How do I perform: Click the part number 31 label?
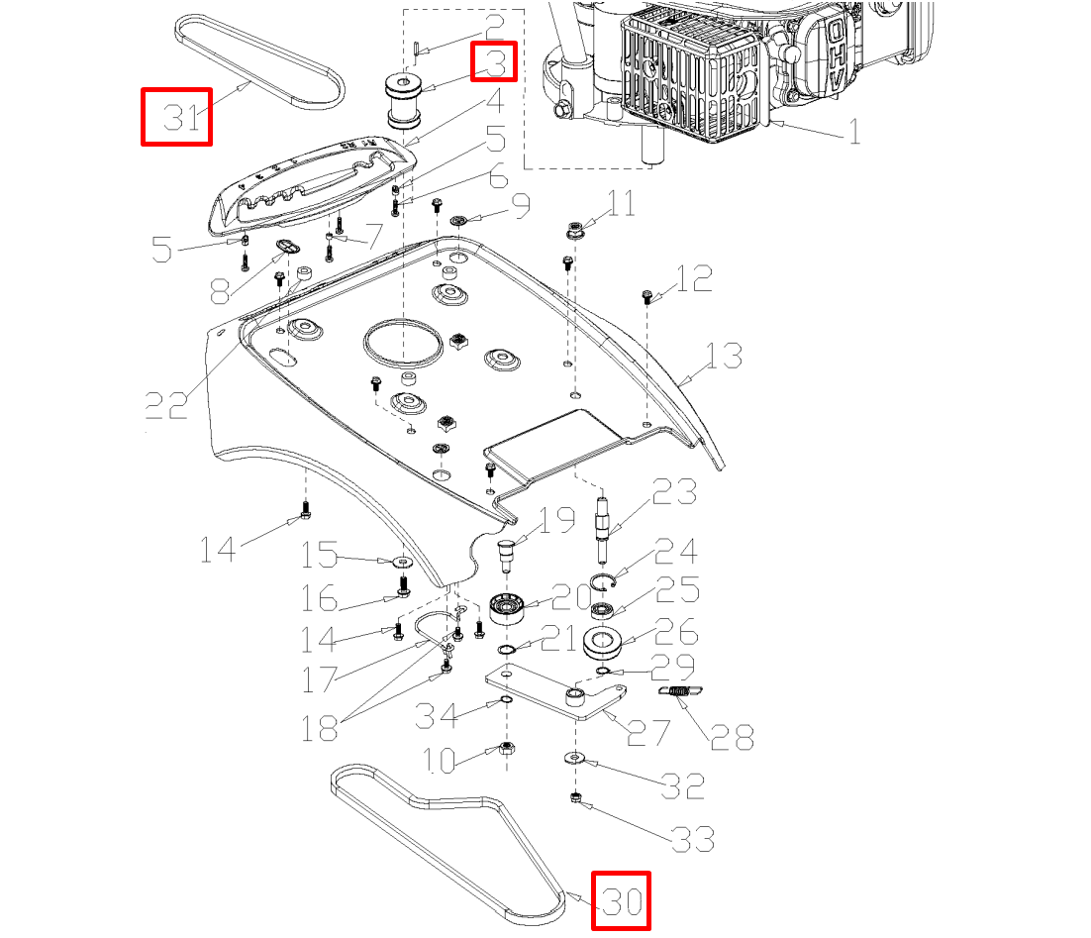[x=176, y=117]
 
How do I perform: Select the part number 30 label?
[x=621, y=901]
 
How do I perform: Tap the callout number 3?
[x=494, y=61]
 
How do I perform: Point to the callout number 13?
[x=724, y=356]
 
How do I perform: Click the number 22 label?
[x=165, y=404]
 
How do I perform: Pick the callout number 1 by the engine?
[x=853, y=130]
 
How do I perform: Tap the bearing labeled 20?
[x=506, y=607]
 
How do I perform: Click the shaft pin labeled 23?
[x=603, y=524]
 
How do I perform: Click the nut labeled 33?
[x=574, y=797]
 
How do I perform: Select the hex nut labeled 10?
[x=506, y=749]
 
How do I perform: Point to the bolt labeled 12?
[x=647, y=295]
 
